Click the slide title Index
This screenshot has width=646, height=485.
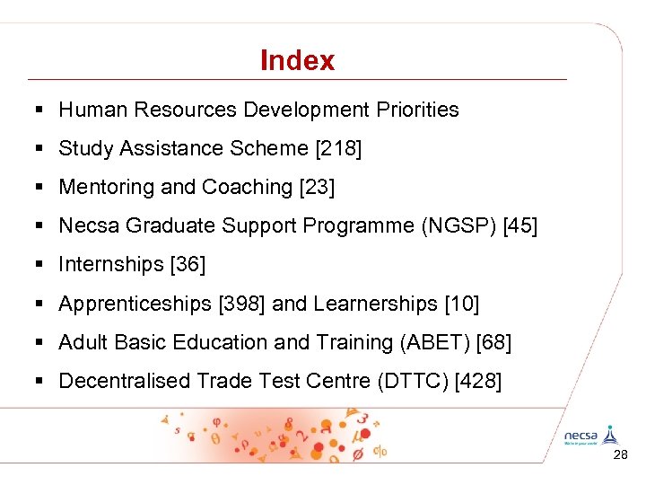click(297, 61)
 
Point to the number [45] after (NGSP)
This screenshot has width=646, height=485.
click(520, 225)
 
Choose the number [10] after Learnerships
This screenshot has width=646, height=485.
click(461, 304)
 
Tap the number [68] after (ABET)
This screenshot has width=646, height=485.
click(493, 342)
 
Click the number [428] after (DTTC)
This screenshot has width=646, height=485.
click(479, 381)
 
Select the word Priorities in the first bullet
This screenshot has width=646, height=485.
click(416, 110)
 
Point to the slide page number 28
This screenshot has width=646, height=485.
click(620, 456)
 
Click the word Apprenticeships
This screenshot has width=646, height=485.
click(135, 304)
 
